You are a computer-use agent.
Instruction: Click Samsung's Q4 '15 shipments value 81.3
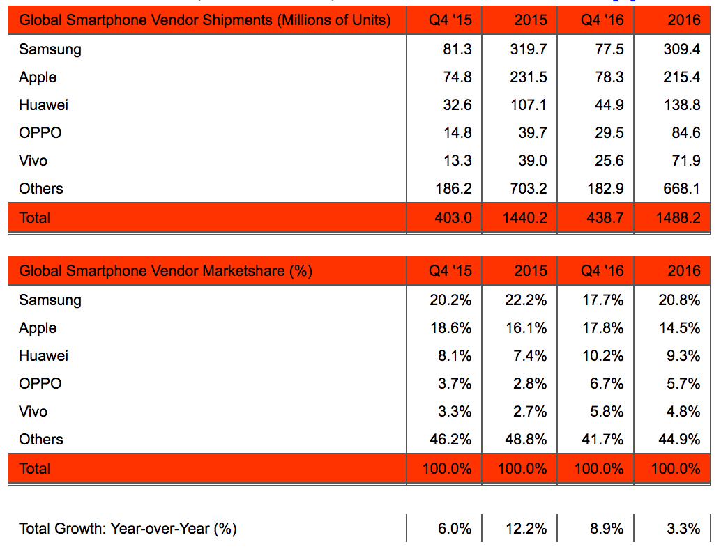tap(457, 49)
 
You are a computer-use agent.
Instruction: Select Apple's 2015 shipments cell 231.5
tap(529, 77)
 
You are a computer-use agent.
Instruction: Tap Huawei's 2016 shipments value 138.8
tap(682, 105)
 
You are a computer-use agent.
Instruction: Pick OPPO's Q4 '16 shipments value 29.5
tap(609, 133)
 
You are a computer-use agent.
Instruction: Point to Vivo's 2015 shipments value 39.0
tap(533, 161)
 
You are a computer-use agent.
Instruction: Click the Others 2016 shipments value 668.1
tap(681, 188)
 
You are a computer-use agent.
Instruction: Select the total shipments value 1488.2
tap(678, 218)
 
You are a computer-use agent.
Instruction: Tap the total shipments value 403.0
tap(453, 218)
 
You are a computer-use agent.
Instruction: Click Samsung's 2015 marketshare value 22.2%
tap(526, 300)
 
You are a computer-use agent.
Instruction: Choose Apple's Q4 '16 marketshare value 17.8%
tap(603, 328)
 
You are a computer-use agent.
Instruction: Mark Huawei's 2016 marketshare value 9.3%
tap(683, 356)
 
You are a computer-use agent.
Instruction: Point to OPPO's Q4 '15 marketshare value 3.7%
tap(455, 384)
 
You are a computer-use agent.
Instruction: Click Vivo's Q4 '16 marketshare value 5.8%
tap(607, 412)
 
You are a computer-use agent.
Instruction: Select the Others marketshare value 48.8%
tap(526, 440)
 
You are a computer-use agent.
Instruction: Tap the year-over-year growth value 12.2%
tap(526, 529)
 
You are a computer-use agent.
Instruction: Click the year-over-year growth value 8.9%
tap(607, 529)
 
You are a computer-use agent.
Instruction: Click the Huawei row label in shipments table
tap(44, 105)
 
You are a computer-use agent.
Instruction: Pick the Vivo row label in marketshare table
tap(33, 412)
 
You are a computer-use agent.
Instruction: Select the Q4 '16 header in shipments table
tap(602, 20)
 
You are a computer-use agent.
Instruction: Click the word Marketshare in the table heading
tap(244, 271)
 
